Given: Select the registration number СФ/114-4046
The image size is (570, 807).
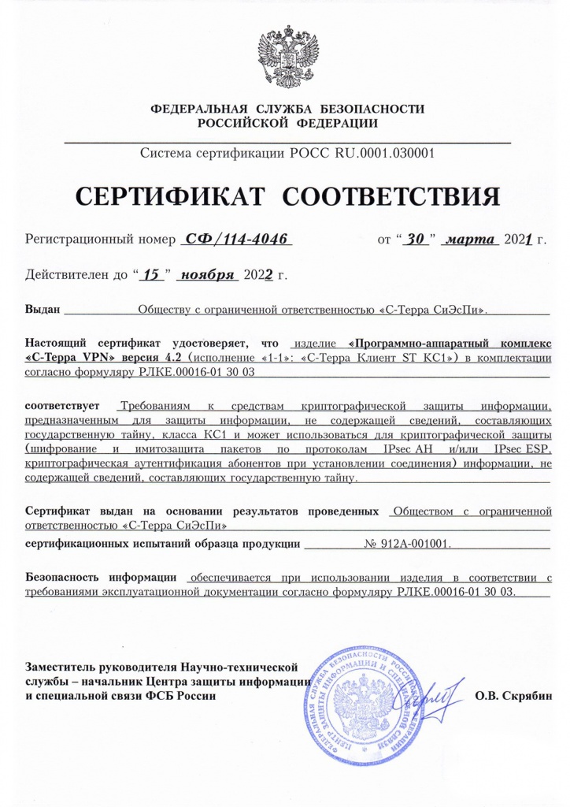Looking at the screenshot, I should click(x=235, y=239).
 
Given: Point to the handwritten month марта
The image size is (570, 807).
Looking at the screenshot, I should click(x=469, y=239).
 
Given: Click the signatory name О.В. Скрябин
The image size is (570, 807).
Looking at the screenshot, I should click(x=514, y=696).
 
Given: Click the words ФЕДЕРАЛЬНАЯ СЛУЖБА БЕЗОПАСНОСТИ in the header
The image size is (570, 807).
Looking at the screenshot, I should click(x=287, y=108).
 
